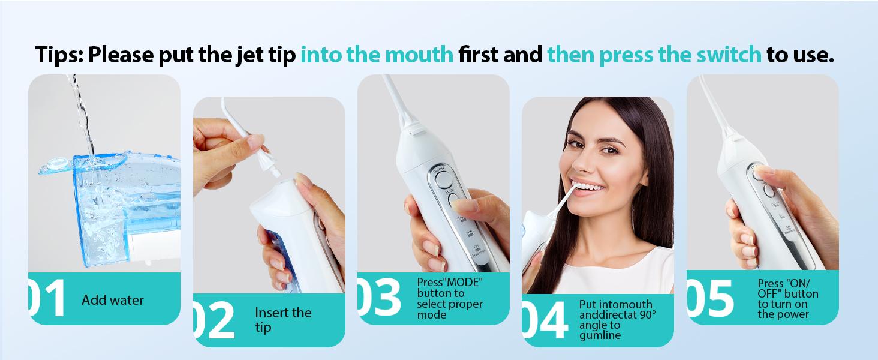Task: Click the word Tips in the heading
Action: click(58, 55)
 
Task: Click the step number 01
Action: click(48, 299)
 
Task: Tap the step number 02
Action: click(214, 320)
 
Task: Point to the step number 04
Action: click(545, 320)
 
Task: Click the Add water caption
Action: click(113, 300)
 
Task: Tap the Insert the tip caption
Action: click(283, 320)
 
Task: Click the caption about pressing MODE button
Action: click(450, 298)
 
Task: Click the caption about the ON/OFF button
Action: click(787, 298)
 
